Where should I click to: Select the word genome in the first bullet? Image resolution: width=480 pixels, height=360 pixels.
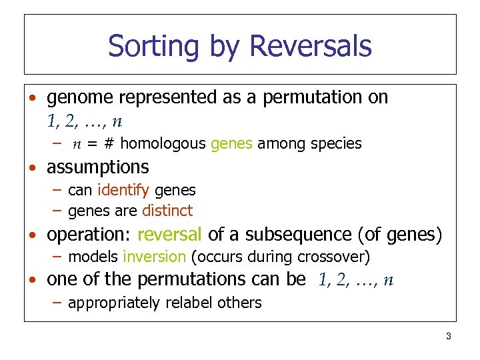[81, 98]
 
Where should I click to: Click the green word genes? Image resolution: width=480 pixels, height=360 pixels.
[231, 143]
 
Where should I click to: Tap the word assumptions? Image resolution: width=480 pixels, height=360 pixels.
[98, 167]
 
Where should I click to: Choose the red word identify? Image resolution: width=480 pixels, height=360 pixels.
[123, 191]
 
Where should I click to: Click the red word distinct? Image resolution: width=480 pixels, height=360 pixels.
[167, 211]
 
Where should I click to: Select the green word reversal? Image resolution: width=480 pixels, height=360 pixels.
[169, 235]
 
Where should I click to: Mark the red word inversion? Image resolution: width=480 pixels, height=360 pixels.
[154, 257]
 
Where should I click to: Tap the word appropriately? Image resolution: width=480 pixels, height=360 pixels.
[114, 303]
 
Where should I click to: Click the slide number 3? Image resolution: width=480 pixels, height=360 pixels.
[449, 337]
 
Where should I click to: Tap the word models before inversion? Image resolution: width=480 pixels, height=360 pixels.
[93, 257]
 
